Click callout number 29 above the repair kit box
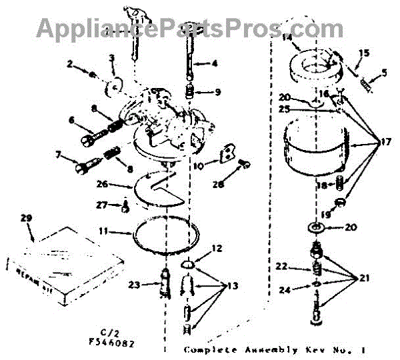click(27, 218)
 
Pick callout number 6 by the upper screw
click(71, 121)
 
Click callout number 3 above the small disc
click(112, 59)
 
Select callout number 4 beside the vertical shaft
click(214, 65)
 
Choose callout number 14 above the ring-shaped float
click(287, 39)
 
